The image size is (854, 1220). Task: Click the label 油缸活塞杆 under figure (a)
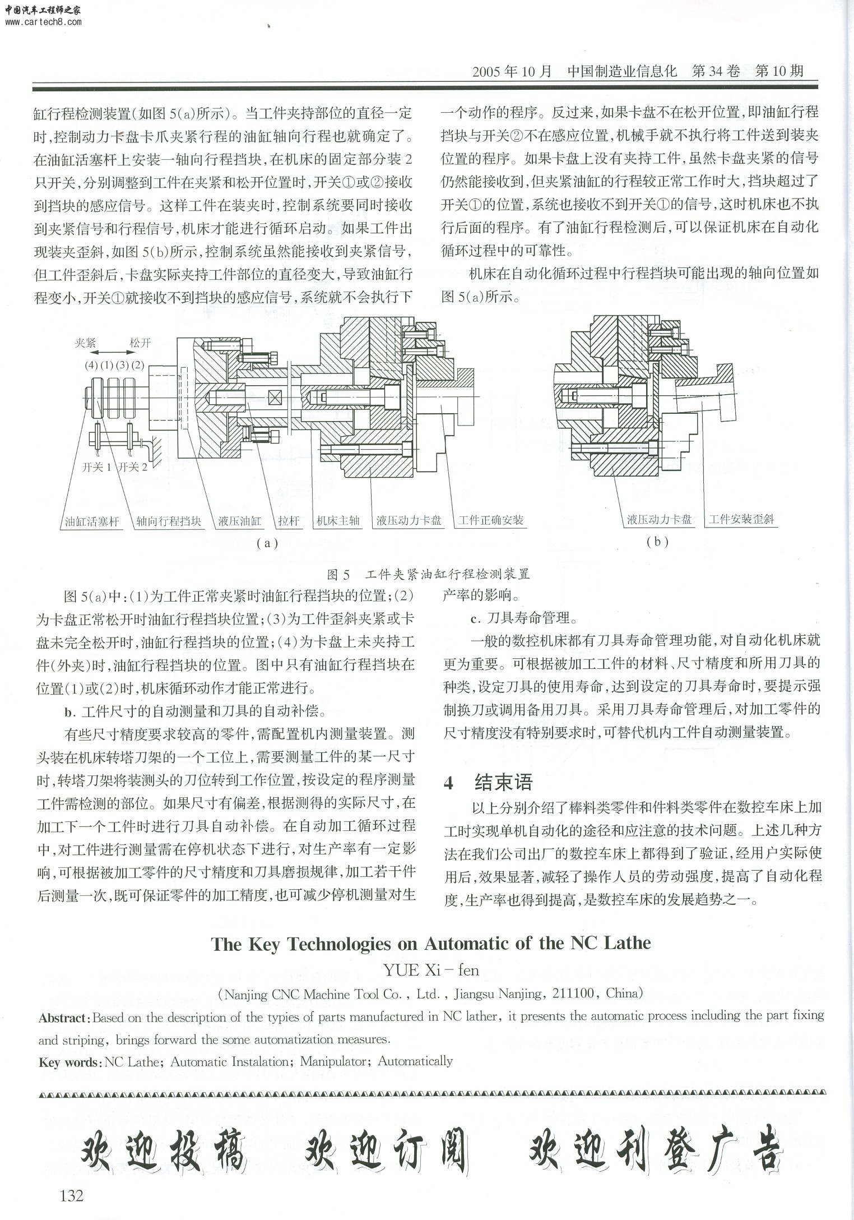click(x=92, y=521)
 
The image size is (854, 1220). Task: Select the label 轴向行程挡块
click(x=169, y=521)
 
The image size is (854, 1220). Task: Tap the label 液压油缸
click(x=240, y=521)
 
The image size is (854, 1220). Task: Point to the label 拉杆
click(x=289, y=521)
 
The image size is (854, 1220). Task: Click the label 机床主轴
click(x=338, y=521)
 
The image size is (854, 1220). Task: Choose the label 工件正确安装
click(x=491, y=520)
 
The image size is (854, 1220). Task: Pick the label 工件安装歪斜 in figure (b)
click(x=741, y=519)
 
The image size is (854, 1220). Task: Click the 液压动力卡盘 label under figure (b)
click(x=659, y=520)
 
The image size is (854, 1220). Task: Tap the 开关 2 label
click(x=133, y=467)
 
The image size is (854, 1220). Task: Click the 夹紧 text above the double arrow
click(x=86, y=343)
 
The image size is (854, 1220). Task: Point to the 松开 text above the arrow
click(x=141, y=343)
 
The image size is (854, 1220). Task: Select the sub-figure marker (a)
click(x=267, y=543)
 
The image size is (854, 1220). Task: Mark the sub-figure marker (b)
click(x=657, y=542)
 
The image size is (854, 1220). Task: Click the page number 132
click(x=72, y=1195)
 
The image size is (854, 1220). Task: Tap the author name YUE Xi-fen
click(x=431, y=970)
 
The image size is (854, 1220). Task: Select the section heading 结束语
click(x=503, y=782)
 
